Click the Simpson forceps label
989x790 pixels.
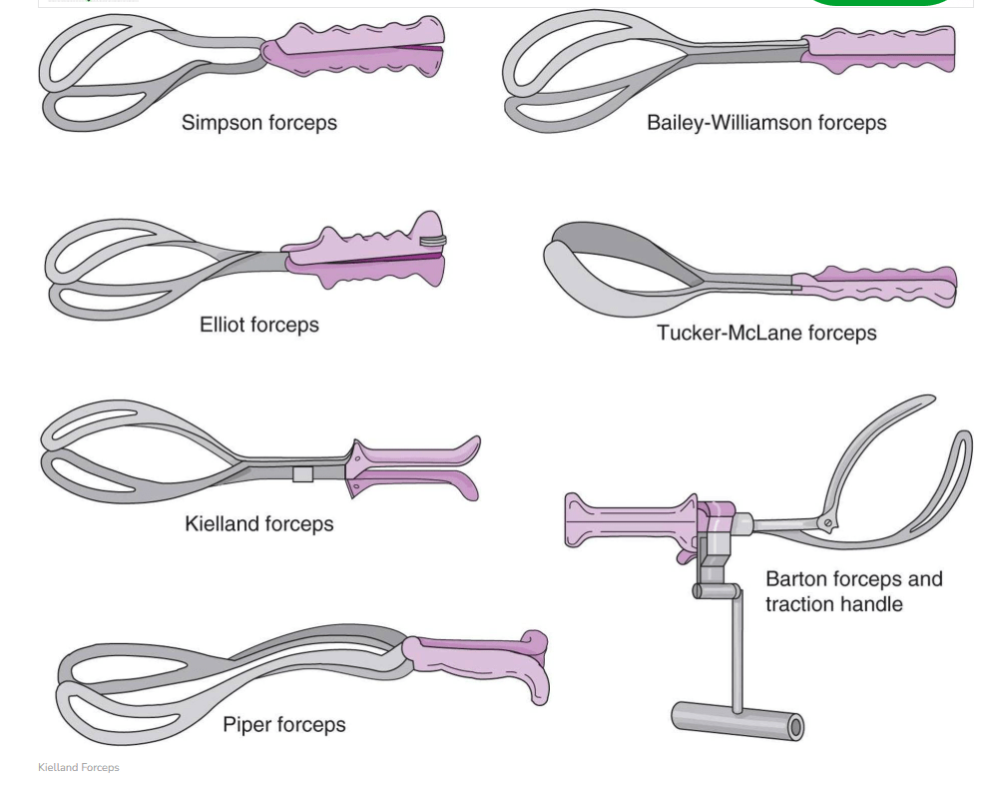point(258,123)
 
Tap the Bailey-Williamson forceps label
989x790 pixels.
point(765,123)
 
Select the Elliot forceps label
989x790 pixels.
point(258,325)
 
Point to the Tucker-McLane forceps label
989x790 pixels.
point(765,333)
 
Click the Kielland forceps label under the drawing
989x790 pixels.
point(258,523)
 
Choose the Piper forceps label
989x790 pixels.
point(283,725)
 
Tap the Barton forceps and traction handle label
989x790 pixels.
point(853,591)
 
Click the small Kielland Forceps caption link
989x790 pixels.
point(78,767)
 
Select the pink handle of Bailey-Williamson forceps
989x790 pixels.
point(878,50)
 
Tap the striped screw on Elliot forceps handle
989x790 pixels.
point(433,240)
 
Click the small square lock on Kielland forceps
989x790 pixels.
point(302,473)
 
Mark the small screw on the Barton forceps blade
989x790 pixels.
point(825,522)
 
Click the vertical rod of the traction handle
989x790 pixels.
point(738,649)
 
